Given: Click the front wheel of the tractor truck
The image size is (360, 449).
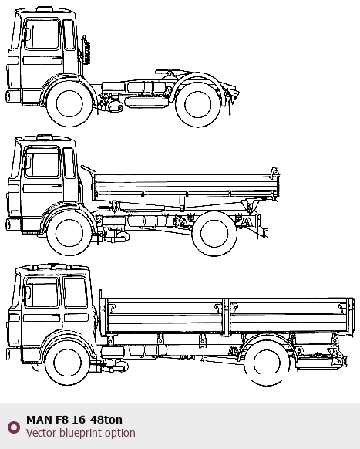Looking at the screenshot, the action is click(69, 103).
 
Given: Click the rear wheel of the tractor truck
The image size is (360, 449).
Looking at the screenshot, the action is click(198, 105).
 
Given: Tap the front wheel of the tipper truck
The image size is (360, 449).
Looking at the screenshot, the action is click(69, 233).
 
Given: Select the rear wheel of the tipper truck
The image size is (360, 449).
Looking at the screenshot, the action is click(214, 234).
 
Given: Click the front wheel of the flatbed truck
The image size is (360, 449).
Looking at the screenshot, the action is click(67, 363).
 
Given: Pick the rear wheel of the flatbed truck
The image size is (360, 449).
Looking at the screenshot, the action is click(267, 363).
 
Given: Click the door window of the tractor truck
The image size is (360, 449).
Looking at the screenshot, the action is click(42, 34).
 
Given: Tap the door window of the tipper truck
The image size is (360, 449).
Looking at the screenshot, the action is click(42, 163).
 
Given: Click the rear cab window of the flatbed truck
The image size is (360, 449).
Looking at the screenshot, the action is click(76, 292).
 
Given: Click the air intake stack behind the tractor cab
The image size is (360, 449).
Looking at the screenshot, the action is click(86, 49).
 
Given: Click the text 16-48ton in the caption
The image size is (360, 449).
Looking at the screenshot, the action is click(97, 420).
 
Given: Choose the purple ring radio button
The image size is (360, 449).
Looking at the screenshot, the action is click(14, 427).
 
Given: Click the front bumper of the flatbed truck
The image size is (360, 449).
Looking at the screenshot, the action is click(14, 354).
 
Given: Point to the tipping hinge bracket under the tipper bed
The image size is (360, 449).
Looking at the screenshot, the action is click(250, 206).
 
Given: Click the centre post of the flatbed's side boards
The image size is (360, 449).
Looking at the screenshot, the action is click(226, 316).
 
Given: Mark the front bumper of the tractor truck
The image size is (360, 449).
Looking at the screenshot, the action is click(13, 96).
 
